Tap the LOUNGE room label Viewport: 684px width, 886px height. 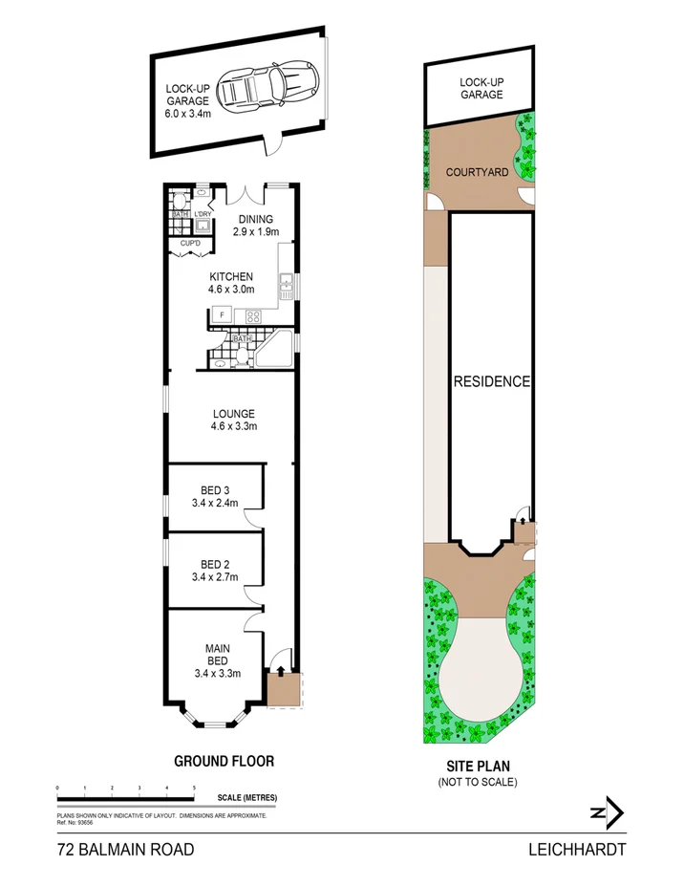point(234,414)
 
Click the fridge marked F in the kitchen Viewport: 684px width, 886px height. point(222,314)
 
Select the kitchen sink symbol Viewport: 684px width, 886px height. point(286,282)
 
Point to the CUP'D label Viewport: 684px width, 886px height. point(190,245)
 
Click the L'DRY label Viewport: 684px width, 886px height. point(202,213)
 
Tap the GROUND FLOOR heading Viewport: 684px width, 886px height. point(224,762)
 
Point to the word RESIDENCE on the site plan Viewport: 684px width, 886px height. point(491,381)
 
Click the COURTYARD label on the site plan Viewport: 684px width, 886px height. point(477,173)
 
